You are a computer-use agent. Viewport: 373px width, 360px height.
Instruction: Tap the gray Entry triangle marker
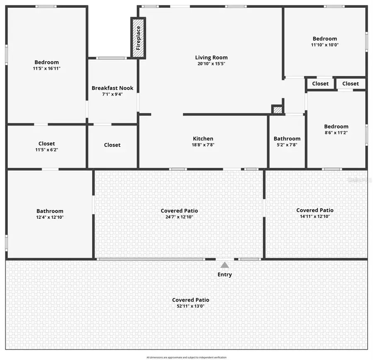pyautogui.click(x=225, y=265)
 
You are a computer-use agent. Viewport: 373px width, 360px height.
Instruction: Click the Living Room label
pyautogui.click(x=211, y=58)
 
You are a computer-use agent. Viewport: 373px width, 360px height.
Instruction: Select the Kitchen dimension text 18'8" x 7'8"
pyautogui.click(x=203, y=145)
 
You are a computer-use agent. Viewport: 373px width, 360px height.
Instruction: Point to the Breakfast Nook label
pyautogui.click(x=113, y=88)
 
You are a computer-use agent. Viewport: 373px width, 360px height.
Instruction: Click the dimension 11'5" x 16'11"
pyautogui.click(x=46, y=68)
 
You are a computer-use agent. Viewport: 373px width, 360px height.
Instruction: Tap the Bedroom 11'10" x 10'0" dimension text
pyautogui.click(x=325, y=45)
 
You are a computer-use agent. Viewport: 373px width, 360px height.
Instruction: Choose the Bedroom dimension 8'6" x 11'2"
pyautogui.click(x=336, y=133)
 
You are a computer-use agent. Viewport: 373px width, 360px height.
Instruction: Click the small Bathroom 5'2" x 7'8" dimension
pyautogui.click(x=287, y=145)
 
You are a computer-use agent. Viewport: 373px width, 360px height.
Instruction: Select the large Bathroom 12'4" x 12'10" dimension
pyautogui.click(x=50, y=217)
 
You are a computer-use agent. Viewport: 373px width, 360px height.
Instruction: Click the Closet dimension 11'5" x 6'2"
pyautogui.click(x=46, y=150)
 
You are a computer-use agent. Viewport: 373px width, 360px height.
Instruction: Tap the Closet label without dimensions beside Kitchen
pyautogui.click(x=112, y=145)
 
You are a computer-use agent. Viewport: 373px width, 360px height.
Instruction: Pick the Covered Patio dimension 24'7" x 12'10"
pyautogui.click(x=179, y=217)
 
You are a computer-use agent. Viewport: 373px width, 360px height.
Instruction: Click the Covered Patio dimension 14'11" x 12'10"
pyautogui.click(x=315, y=216)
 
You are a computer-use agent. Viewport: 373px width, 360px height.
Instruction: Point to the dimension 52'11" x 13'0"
pyautogui.click(x=191, y=306)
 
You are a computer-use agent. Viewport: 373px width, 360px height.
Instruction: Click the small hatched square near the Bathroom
pyautogui.click(x=277, y=110)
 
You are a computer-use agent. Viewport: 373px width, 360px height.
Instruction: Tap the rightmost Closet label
pyautogui.click(x=351, y=84)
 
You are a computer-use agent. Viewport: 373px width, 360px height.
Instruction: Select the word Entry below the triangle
pyautogui.click(x=225, y=275)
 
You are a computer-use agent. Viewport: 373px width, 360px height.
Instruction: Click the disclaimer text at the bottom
pyautogui.click(x=186, y=357)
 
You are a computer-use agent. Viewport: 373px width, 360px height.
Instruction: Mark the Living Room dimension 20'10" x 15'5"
pyautogui.click(x=211, y=64)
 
